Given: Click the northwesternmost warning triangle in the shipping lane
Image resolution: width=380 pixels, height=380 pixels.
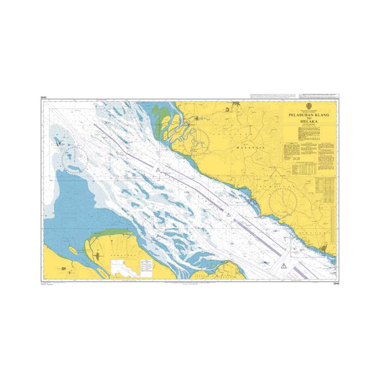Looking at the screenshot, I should click(157, 170).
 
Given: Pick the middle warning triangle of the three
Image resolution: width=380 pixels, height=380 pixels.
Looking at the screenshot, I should click(229, 216).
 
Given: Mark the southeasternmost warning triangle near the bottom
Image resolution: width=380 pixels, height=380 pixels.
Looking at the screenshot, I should click(284, 265).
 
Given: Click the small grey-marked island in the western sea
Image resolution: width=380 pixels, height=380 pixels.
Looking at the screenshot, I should click(59, 144).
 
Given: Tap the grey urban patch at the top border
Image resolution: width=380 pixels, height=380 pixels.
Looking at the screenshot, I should click(235, 103).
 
